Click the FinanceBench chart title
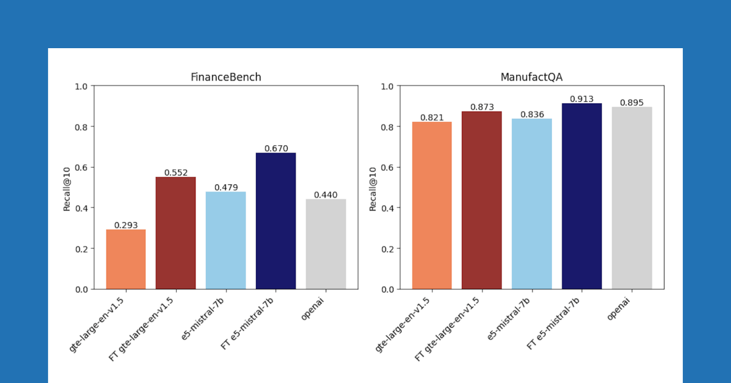(225, 77)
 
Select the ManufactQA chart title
(531, 77)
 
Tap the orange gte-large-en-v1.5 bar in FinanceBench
(125, 259)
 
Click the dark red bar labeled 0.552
(175, 233)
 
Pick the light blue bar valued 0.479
(225, 240)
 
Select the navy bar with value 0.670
(275, 221)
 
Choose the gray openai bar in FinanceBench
(325, 244)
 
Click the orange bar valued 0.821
(432, 206)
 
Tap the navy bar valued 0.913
(581, 196)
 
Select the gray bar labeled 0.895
(632, 198)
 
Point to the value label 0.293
(125, 225)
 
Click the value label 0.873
(482, 107)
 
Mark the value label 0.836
(532, 115)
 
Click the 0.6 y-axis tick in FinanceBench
(82, 167)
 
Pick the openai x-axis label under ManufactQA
(620, 307)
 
